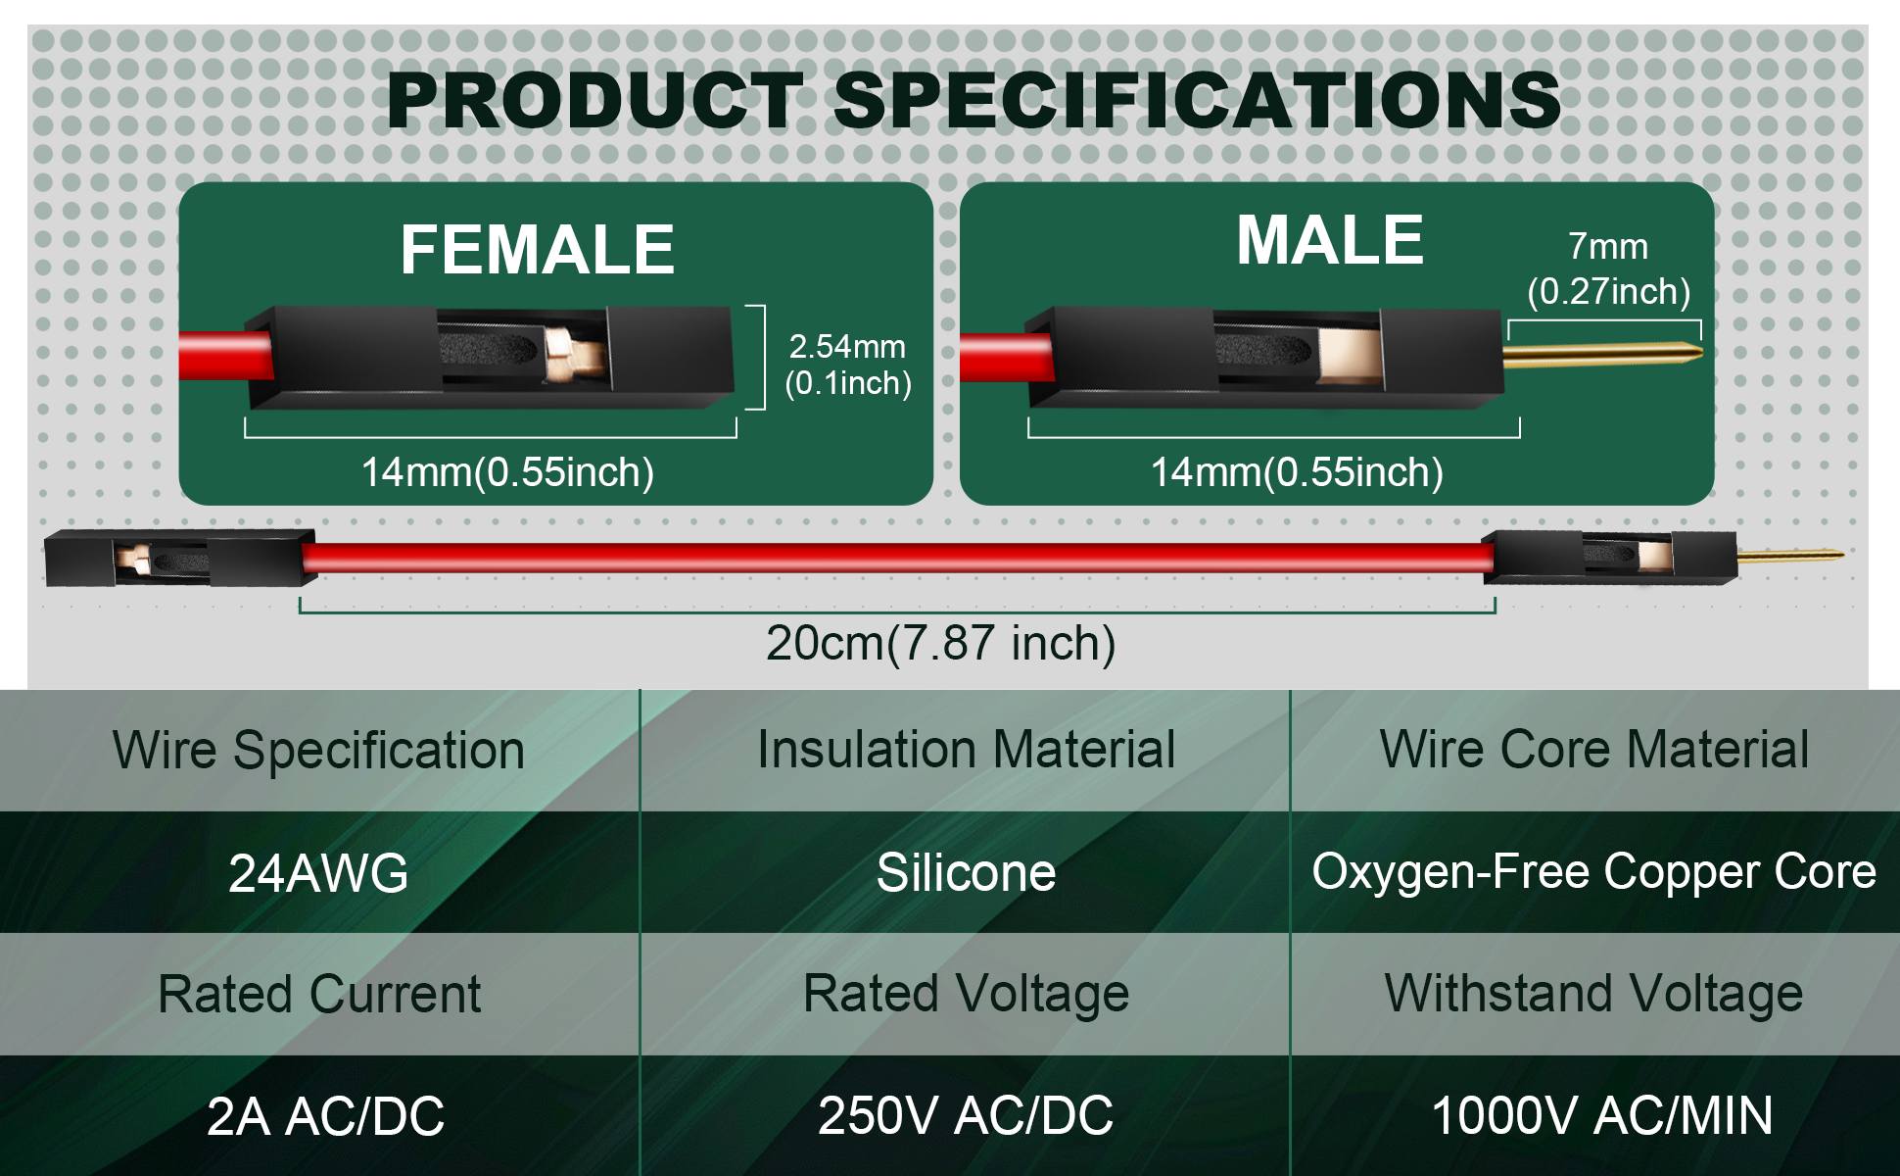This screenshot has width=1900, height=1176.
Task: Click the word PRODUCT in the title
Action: (595, 100)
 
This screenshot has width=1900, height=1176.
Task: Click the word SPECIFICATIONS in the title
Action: (1197, 100)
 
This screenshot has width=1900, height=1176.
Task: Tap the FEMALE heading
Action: (537, 249)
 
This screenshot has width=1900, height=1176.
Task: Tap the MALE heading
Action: (1329, 240)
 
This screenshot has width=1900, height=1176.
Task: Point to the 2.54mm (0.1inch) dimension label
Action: (848, 365)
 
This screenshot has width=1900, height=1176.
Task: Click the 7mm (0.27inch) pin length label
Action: (1608, 269)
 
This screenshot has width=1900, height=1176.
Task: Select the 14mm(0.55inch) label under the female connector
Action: (507, 472)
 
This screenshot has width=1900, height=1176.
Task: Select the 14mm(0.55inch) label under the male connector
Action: (1297, 472)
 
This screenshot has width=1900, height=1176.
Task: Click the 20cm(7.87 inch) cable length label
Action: (940, 644)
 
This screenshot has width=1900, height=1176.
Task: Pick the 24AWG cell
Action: (318, 872)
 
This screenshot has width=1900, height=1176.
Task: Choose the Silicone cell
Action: (966, 872)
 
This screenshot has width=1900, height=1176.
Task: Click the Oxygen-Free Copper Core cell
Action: (1593, 871)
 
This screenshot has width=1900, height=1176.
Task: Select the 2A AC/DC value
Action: (325, 1116)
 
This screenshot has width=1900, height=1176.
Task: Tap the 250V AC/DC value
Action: (966, 1115)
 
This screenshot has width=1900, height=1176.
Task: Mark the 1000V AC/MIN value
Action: (1602, 1115)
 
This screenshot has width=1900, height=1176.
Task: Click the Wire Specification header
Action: (318, 751)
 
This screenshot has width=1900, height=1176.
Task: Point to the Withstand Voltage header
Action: (1593, 994)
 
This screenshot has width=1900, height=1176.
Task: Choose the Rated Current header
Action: (319, 995)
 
